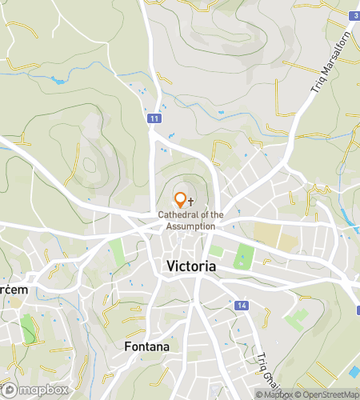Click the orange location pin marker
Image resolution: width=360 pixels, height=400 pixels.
click(x=180, y=200)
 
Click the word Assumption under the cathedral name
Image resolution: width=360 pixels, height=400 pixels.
click(x=190, y=226)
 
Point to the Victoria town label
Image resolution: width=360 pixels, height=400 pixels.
click(x=190, y=266)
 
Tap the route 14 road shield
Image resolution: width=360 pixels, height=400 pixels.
click(x=242, y=306)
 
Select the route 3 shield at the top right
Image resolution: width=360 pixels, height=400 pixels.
click(x=354, y=15)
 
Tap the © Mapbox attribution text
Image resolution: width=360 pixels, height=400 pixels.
click(x=273, y=394)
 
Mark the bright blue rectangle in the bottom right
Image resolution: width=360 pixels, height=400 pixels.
click(x=354, y=373)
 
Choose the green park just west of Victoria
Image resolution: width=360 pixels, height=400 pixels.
click(x=118, y=252)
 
